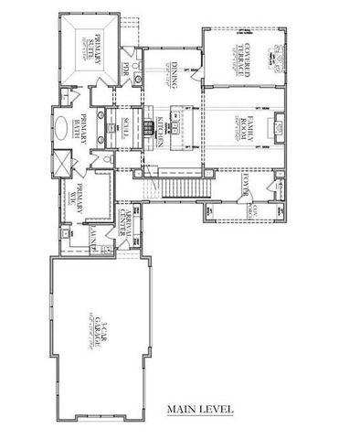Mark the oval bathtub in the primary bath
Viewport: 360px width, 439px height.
click(60, 128)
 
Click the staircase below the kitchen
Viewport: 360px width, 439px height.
click(177, 187)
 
